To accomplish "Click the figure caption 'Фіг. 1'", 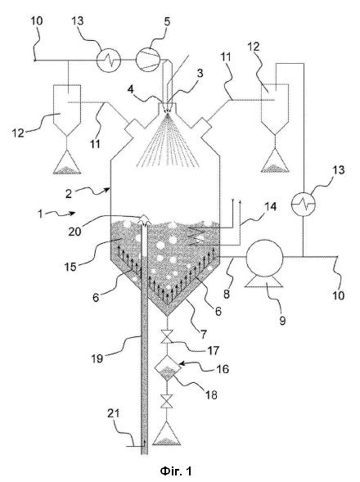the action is (176, 471).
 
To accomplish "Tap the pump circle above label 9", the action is (264, 257).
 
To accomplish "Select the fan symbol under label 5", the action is (148, 60).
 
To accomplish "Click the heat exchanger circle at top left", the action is (109, 60).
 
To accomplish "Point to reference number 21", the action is (113, 413).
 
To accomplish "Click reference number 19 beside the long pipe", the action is (97, 358).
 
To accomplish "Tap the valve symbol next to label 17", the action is (167, 336).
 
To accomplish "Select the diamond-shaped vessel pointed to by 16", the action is (167, 367).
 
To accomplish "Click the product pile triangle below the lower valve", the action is (167, 434).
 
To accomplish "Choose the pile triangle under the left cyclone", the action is (67, 162).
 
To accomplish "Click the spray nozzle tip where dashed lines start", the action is (168, 114).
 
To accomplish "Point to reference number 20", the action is (74, 231).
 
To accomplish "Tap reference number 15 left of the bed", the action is (70, 266).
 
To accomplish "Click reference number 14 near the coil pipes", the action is (271, 206).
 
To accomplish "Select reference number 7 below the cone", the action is (203, 334).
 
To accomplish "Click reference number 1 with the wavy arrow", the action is (40, 213).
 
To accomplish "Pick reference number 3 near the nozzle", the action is (200, 74).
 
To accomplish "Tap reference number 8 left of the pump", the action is (227, 294).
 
